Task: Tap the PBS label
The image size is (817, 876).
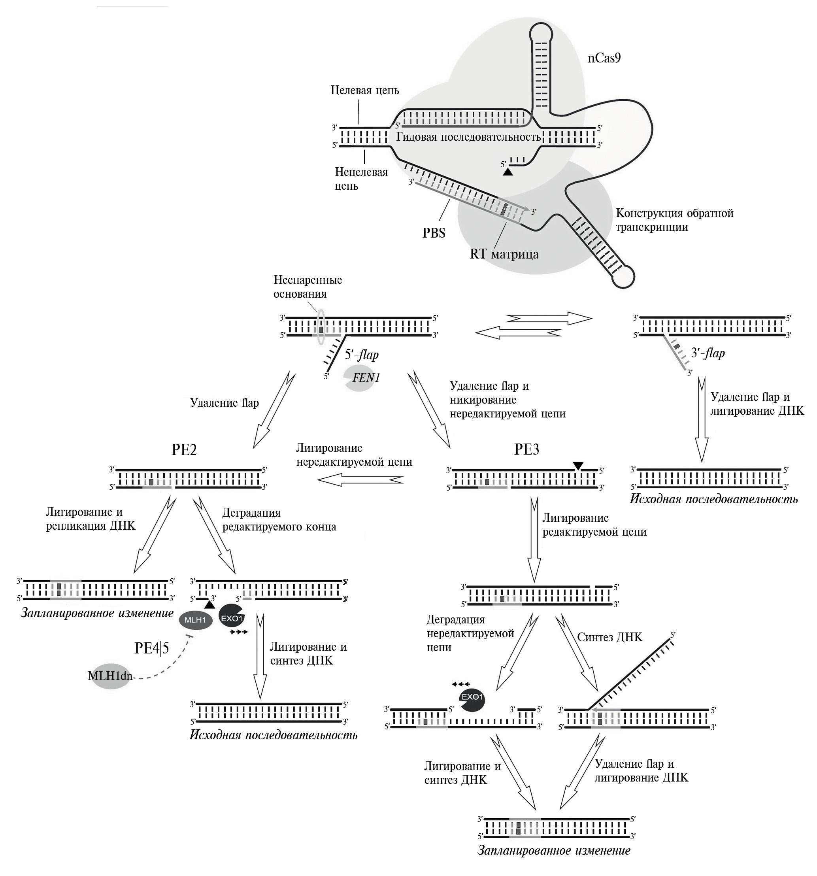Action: click(x=434, y=233)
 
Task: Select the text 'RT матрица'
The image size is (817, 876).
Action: click(x=504, y=254)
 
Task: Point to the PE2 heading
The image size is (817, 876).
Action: click(x=184, y=449)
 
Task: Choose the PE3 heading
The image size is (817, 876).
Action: click(x=526, y=449)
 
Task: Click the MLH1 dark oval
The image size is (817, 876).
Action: click(x=196, y=620)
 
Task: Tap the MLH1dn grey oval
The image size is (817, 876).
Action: click(x=110, y=676)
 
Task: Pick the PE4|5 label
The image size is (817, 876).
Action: click(x=151, y=648)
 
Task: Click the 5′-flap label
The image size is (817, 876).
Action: click(x=361, y=354)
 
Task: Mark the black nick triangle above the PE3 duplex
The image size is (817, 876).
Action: click(x=578, y=465)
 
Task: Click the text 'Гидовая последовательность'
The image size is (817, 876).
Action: click(x=468, y=137)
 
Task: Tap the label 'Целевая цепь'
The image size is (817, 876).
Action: click(x=364, y=91)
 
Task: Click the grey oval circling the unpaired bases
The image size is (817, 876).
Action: click(x=321, y=327)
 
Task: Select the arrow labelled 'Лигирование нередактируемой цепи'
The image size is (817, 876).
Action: click(x=360, y=479)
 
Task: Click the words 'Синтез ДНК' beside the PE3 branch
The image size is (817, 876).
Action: click(x=609, y=637)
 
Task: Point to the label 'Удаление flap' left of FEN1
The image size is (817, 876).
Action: click(x=224, y=403)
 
